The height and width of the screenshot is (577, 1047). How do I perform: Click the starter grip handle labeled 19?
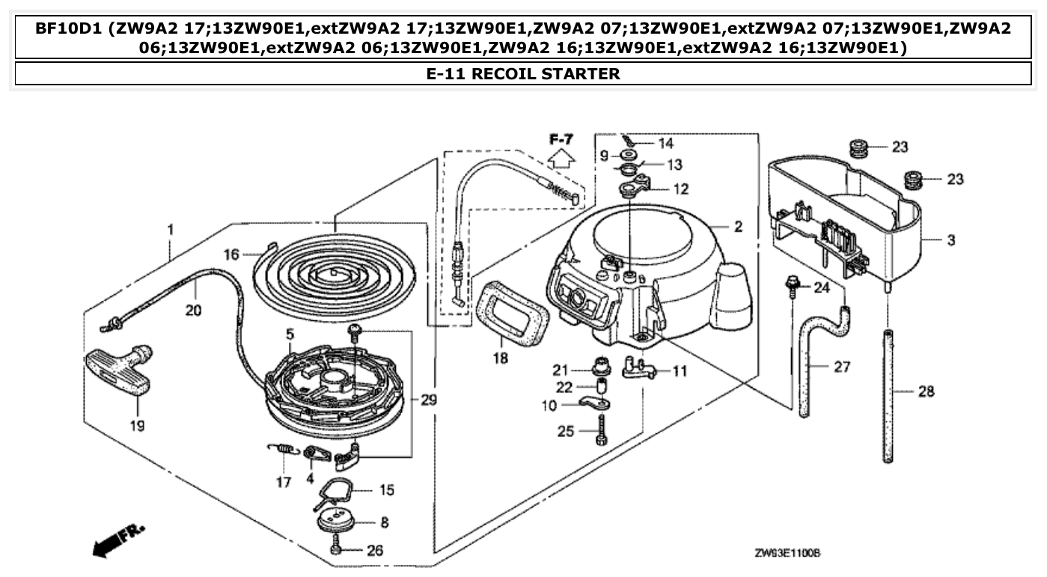(x=120, y=370)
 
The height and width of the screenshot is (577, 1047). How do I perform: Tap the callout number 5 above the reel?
(x=290, y=332)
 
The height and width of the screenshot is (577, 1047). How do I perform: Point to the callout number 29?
(x=428, y=400)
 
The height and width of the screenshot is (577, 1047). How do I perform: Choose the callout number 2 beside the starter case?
(x=738, y=227)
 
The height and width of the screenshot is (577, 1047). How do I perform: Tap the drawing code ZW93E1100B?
(x=787, y=552)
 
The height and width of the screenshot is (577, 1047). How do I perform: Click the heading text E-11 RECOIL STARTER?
(x=523, y=74)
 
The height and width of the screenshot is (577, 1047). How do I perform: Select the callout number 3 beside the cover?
(x=951, y=240)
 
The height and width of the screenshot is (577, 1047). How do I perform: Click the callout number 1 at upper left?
(x=171, y=230)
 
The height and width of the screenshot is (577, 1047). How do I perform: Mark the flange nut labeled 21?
(x=599, y=368)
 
